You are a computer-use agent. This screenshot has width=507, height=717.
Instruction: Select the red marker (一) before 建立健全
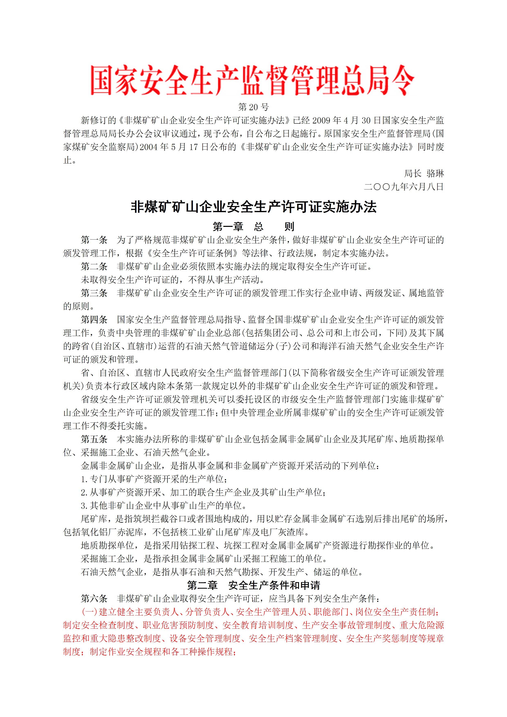89,612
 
